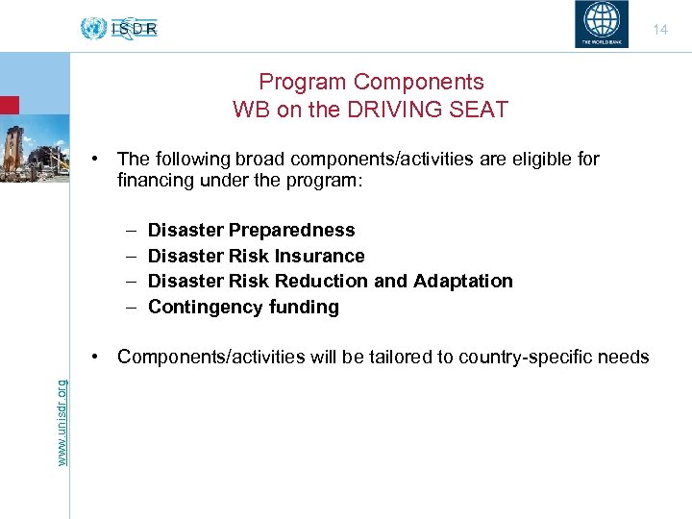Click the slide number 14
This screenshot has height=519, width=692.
click(x=660, y=30)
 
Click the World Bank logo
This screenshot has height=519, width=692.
click(x=604, y=25)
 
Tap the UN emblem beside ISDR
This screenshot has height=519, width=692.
click(x=93, y=29)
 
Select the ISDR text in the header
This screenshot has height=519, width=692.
click(x=134, y=29)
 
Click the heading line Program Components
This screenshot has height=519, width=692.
click(x=371, y=83)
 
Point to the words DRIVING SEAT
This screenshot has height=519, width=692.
click(x=433, y=110)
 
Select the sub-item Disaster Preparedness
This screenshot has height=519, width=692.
click(x=251, y=231)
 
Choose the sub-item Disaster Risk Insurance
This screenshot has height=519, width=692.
click(x=256, y=257)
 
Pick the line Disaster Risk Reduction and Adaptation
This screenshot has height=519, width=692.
click(x=330, y=282)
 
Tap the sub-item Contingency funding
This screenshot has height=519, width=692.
click(x=243, y=308)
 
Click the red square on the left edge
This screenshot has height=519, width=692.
click(x=9, y=105)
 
